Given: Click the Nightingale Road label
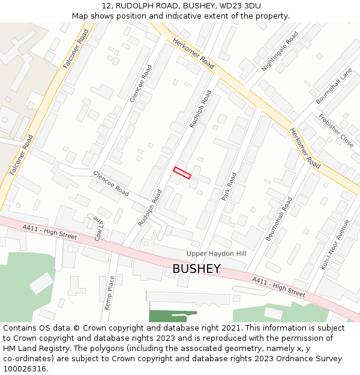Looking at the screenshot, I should [280, 52].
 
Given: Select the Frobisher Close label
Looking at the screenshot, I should [336, 130].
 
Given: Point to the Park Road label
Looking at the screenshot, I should [229, 187].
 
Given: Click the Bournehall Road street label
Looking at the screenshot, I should [279, 219].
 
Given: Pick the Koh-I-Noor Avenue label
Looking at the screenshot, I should [335, 244].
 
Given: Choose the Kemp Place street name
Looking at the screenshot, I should [109, 293].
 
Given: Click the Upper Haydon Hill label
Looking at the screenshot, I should [217, 254].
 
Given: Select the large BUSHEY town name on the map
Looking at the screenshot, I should [196, 269].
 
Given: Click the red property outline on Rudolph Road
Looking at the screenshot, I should [182, 173].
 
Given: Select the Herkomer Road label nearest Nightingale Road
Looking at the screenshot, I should [193, 53].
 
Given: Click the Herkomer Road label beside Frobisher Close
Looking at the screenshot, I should [305, 148].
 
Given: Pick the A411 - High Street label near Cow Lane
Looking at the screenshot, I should [50, 232].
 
